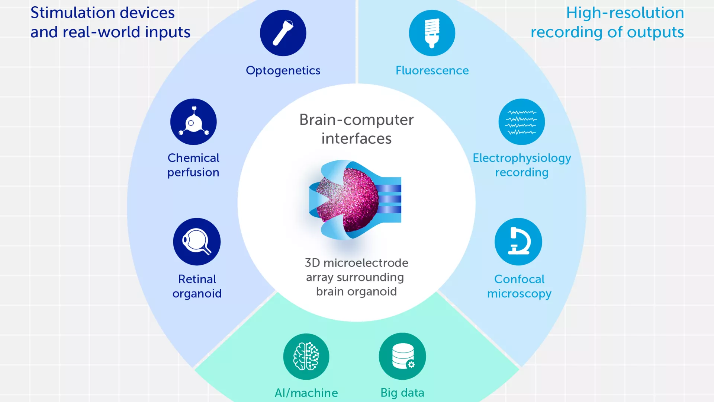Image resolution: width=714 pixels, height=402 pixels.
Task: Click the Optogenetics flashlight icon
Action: click(283, 33)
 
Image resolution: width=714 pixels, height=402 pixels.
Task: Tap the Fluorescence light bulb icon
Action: click(432, 33)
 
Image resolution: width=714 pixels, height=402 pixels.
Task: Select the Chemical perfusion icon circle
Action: click(193, 122)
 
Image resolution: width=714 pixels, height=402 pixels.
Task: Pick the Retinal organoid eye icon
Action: click(197, 242)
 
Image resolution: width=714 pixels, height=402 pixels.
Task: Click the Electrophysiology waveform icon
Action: click(521, 122)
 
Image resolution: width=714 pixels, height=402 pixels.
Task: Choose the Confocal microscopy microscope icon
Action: click(518, 242)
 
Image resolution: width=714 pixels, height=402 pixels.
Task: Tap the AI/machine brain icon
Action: click(306, 356)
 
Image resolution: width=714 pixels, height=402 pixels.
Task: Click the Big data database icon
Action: click(402, 356)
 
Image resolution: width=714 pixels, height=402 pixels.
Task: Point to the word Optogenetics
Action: click(283, 70)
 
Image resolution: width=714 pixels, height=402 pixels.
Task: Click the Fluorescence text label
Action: click(432, 70)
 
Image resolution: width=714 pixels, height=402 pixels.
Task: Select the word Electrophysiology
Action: click(522, 158)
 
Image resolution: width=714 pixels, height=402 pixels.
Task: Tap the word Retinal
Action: click(197, 279)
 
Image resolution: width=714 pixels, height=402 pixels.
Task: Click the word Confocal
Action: click(519, 279)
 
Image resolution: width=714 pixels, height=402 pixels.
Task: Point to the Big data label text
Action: click(402, 392)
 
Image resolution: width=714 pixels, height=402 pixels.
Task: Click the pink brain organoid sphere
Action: click(359, 199)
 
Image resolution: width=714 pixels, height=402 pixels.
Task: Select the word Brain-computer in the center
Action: click(356, 120)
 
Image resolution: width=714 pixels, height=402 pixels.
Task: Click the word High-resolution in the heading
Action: click(625, 13)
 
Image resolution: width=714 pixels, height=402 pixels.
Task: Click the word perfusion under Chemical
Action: click(193, 172)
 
